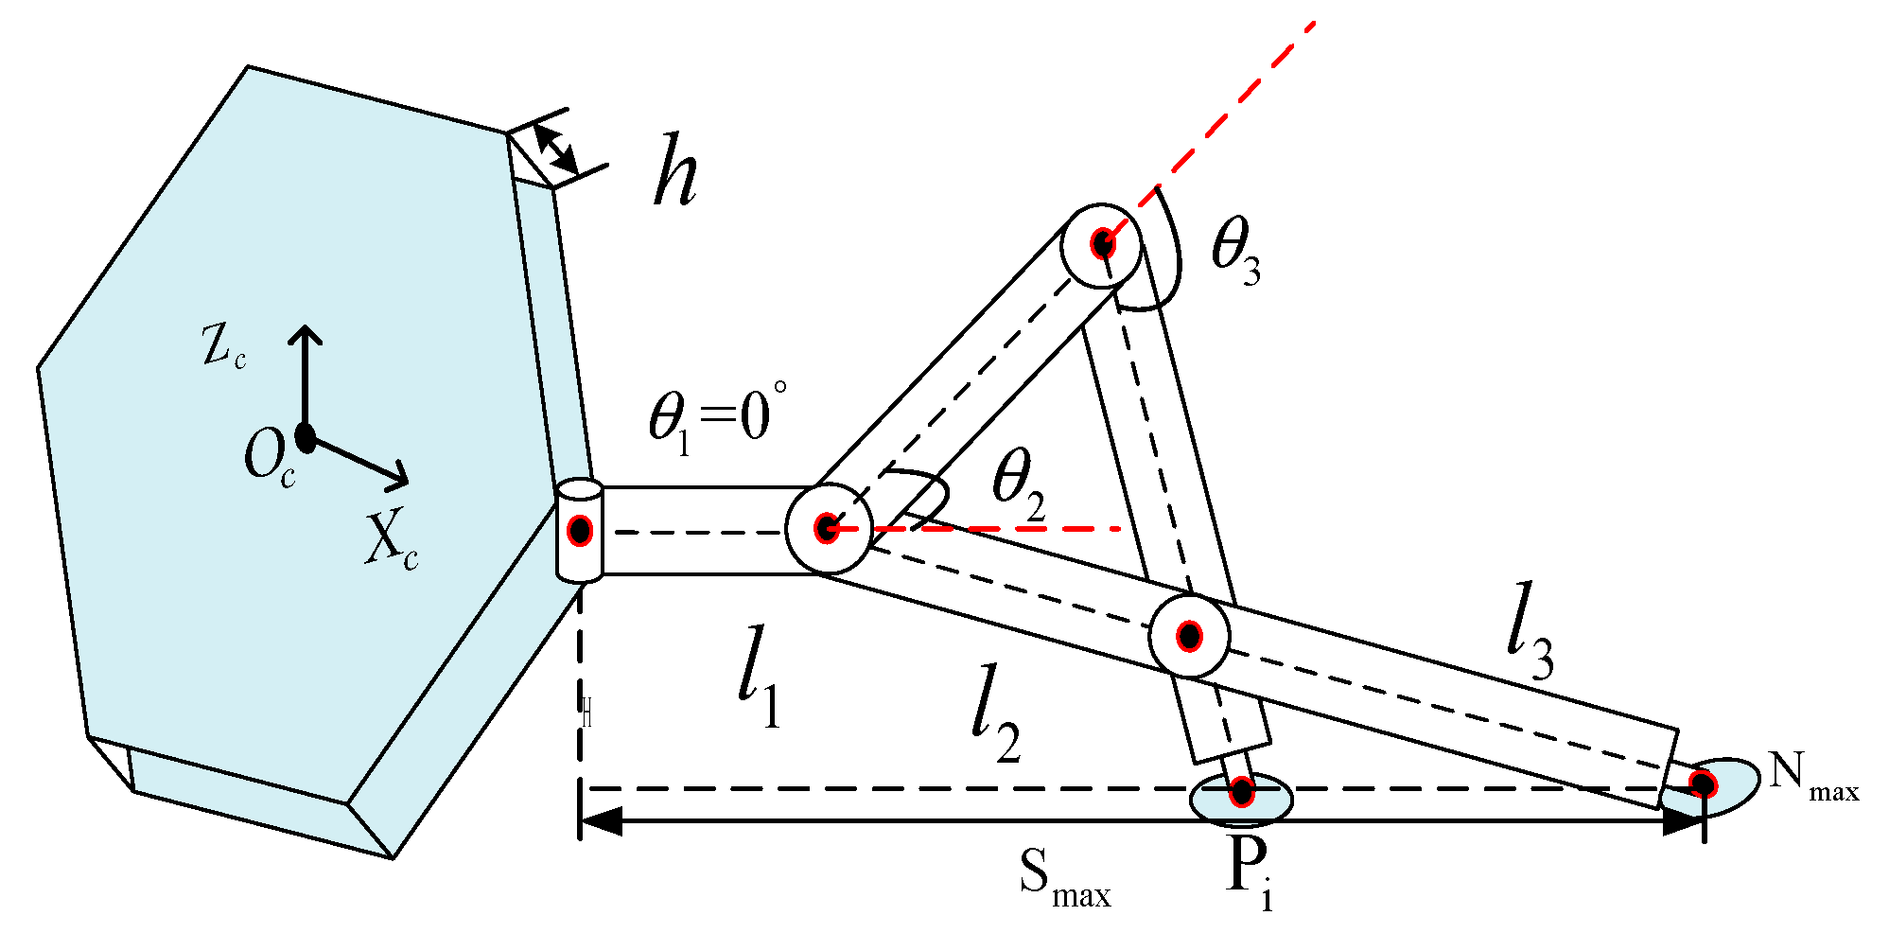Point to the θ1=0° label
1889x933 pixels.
[x=717, y=419]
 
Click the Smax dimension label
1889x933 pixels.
[x=1064, y=879]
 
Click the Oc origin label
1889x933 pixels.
[x=269, y=459]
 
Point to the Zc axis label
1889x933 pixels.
[x=224, y=347]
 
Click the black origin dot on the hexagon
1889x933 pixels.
[x=305, y=437]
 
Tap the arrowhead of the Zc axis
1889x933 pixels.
[x=305, y=334]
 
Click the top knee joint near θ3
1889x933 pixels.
[x=1102, y=244]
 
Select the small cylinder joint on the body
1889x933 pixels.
[x=579, y=530]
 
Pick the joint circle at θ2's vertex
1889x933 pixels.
[x=827, y=529]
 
